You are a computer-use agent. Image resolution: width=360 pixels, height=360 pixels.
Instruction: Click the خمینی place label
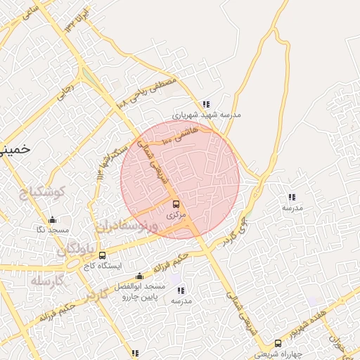coord(14,150)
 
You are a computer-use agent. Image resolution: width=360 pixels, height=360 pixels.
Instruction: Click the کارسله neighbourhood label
coord(48,281)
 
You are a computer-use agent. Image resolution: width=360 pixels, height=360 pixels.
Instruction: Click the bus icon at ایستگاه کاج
coord(103,255)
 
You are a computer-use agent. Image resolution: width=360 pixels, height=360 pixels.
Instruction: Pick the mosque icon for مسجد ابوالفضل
coord(139,276)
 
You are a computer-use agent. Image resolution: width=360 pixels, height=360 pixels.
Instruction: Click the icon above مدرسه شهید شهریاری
coord(206,103)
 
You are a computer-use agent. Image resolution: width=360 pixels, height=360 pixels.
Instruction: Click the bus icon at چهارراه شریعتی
coord(278,343)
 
